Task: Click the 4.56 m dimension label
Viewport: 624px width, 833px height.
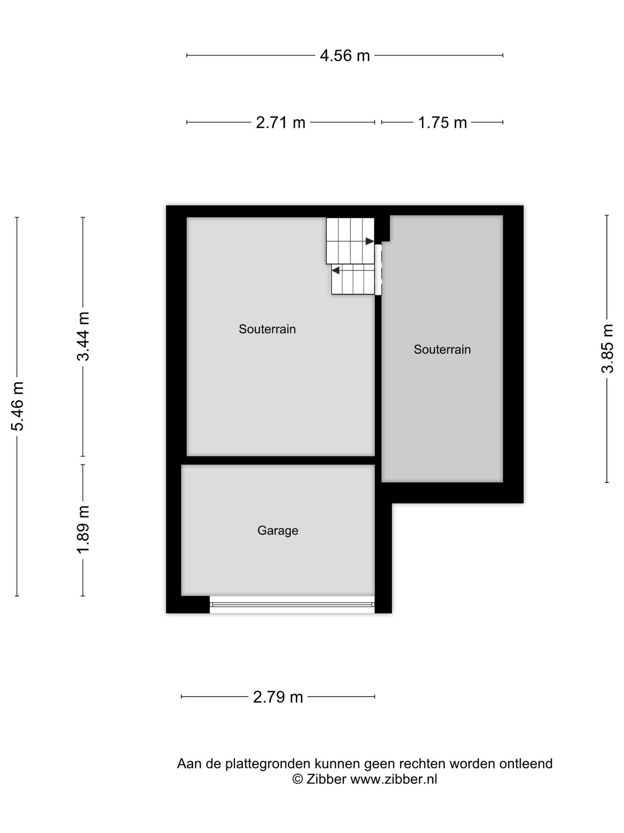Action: (x=345, y=55)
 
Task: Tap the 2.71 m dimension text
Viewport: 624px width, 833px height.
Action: (x=280, y=122)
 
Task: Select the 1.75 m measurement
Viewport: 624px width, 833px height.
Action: (x=442, y=122)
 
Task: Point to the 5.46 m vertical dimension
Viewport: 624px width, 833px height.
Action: (x=17, y=406)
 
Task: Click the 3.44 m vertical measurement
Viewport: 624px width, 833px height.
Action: (x=83, y=336)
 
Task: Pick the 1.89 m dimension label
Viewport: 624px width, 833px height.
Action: (x=83, y=530)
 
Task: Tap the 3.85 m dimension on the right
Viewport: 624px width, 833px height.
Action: (x=607, y=349)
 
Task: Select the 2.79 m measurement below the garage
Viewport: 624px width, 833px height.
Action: (x=278, y=697)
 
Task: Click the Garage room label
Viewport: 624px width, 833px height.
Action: (x=278, y=530)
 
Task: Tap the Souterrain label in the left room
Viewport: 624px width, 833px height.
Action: (x=267, y=329)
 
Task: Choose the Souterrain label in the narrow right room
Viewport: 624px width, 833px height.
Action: (x=442, y=349)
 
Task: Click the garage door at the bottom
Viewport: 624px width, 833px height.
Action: (x=292, y=604)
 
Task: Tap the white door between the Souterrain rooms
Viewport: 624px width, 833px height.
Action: (x=378, y=269)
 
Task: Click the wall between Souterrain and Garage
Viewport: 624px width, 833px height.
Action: (x=278, y=460)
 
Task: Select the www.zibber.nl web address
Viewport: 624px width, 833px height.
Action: (x=394, y=779)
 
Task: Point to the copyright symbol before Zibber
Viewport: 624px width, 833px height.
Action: (x=298, y=779)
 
